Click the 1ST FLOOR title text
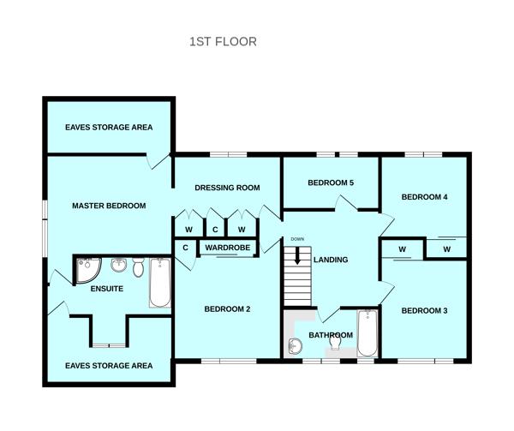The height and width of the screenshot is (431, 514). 223,42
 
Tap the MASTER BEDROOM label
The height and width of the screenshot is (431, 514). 109,206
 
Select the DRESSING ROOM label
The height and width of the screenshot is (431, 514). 227,188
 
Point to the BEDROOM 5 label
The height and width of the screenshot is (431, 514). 331,183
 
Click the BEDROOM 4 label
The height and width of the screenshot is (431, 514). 425,197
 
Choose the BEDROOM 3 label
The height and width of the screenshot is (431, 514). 425,310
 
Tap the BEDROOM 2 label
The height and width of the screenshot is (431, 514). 227,309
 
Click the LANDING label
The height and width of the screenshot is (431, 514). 331,260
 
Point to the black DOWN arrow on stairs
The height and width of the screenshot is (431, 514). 297,255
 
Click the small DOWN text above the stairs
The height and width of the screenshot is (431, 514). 297,239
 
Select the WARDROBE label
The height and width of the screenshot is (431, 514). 228,248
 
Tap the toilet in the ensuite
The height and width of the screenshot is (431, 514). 138,266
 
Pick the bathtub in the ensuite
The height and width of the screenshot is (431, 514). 160,283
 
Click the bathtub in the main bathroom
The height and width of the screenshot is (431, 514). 368,333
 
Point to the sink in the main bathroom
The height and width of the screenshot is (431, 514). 295,347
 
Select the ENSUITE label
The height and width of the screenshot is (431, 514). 107,289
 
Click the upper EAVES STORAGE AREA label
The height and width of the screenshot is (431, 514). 109,127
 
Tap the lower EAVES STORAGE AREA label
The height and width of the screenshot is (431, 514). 109,365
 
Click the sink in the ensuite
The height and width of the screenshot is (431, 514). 119,265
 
